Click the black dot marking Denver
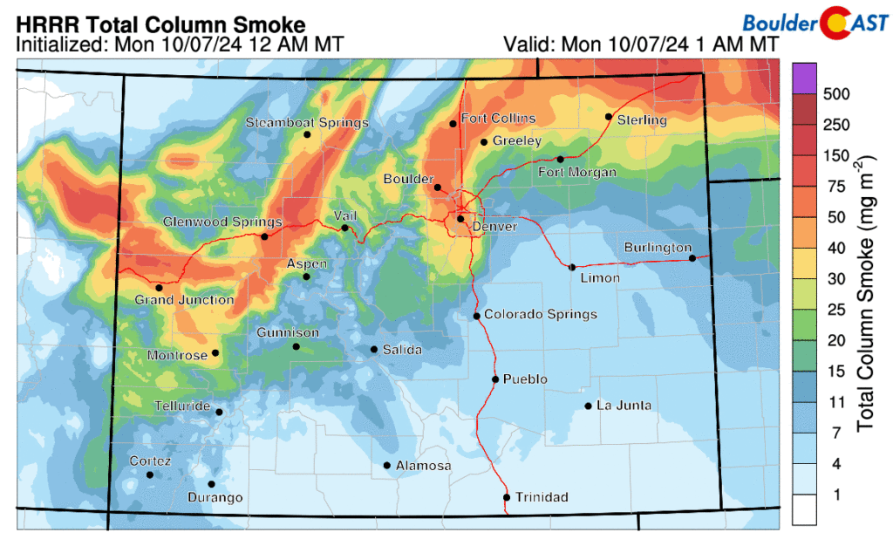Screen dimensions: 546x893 pos(460,219)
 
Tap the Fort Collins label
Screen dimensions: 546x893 pos(499,119)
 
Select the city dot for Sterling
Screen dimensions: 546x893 pos(609,117)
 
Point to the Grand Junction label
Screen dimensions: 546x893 pos(184,300)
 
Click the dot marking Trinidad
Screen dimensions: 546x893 pos(507,498)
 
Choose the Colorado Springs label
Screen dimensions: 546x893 pos(541,314)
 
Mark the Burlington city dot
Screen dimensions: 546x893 pos(692,258)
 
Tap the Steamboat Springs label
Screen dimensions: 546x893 pos(307,123)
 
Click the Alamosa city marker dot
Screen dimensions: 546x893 pos(386,466)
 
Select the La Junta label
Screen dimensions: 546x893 pos(624,406)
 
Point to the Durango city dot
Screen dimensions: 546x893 pos(211,485)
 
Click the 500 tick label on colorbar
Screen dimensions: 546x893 pos(835,93)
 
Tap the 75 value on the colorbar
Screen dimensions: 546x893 pos(831,186)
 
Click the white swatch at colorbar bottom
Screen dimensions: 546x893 pos(804,510)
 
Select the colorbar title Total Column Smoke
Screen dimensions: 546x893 pos(865,294)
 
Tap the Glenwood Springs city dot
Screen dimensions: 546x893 pos(264,236)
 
